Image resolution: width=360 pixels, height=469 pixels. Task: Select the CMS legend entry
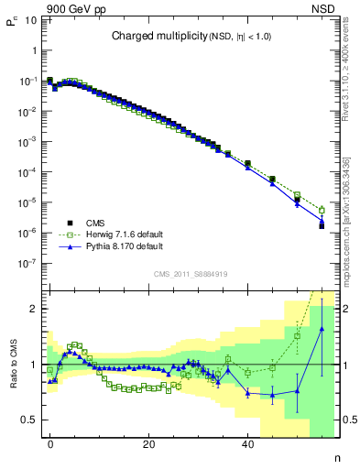[x=95, y=223]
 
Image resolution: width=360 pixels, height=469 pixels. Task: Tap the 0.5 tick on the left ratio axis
[x=28, y=420]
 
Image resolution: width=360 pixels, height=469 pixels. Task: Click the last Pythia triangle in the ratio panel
[x=322, y=329]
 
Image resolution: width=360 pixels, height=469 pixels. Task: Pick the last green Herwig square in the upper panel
[x=322, y=209]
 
